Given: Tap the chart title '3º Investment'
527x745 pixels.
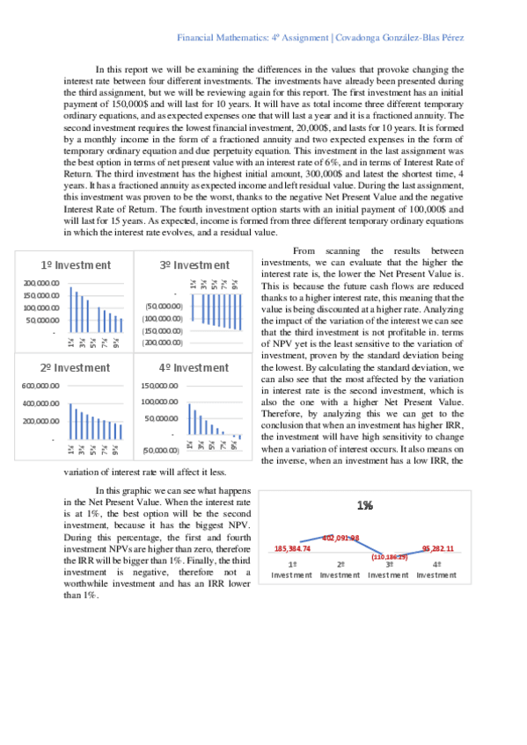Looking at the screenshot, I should click(x=194, y=264).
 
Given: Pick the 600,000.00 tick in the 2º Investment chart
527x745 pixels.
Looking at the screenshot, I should click(x=41, y=386).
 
